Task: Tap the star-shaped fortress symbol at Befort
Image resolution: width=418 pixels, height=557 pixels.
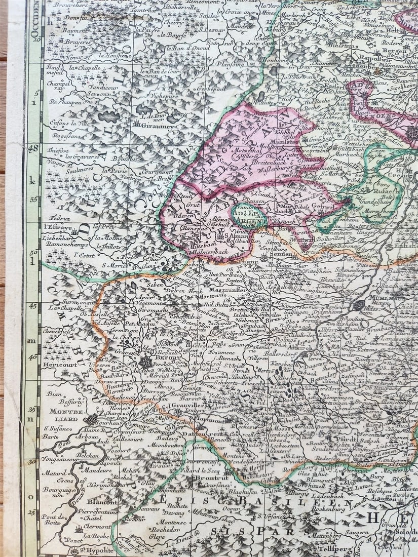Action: coord(146,362)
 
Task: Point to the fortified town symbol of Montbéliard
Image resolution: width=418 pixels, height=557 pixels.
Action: coord(91,419)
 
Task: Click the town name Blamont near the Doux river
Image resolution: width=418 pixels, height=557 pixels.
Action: coord(95,502)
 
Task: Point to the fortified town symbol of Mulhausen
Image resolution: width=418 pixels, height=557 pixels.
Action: coord(359,305)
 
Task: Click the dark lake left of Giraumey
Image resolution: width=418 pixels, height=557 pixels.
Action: coord(109,117)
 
